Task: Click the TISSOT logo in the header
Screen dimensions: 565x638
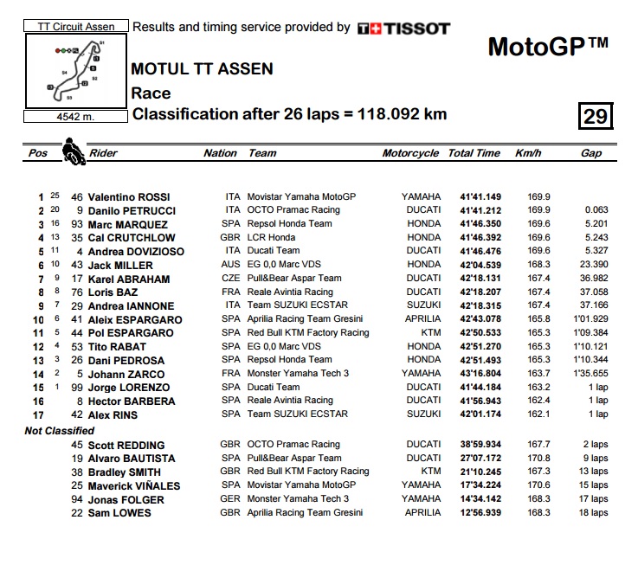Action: tap(403, 29)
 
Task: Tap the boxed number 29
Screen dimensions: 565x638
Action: tap(596, 115)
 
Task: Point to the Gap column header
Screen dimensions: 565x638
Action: tap(591, 153)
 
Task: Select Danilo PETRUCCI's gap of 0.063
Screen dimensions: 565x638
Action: tap(596, 210)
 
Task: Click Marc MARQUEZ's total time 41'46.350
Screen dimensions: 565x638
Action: tap(475, 224)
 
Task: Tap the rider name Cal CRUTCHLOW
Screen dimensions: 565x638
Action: tap(132, 238)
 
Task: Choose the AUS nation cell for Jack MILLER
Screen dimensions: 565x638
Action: tap(230, 265)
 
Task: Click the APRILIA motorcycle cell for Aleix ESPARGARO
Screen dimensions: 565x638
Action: tap(422, 319)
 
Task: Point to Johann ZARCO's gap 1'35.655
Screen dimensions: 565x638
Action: tap(590, 374)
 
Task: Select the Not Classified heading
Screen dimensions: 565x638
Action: tap(60, 430)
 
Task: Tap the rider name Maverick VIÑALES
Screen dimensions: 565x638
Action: tap(134, 485)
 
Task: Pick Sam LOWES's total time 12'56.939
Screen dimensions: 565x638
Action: tap(475, 513)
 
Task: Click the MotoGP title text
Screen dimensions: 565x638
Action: tap(547, 46)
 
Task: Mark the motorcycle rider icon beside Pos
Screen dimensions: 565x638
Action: tap(73, 153)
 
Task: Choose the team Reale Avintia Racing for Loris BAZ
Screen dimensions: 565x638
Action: tap(290, 292)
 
